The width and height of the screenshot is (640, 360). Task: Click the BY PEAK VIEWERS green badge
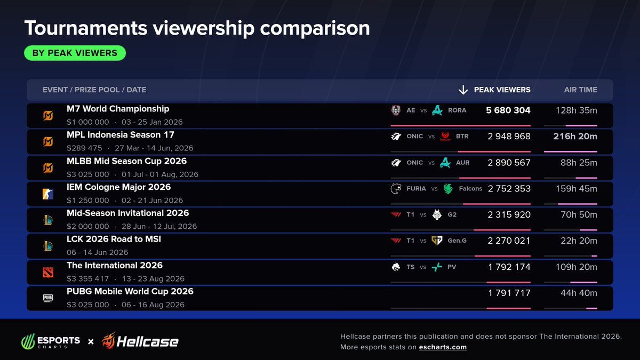[x=75, y=53]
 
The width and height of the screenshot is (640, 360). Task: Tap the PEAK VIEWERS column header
[x=502, y=90]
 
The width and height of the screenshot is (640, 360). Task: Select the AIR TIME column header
[x=581, y=90]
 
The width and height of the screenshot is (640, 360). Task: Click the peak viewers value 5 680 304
[x=508, y=110]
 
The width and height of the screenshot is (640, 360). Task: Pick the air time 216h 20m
[x=575, y=137]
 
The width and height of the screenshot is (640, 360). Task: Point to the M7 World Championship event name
[x=118, y=109]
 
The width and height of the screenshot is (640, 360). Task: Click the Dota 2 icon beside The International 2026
[x=48, y=273]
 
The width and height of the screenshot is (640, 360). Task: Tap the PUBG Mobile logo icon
[x=48, y=298]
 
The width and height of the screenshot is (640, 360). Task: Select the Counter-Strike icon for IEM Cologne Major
[x=48, y=194]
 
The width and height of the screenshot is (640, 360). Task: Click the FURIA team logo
[x=396, y=189]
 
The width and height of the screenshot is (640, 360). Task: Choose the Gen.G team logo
[x=437, y=241]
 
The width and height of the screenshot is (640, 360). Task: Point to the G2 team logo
[x=437, y=214]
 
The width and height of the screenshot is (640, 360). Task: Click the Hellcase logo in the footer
[x=140, y=341]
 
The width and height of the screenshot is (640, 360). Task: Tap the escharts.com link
[x=443, y=347]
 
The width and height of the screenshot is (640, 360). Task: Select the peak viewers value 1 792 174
[x=509, y=267]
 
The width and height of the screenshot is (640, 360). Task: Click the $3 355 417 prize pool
[x=87, y=278]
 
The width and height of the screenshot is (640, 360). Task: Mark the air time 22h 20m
[x=579, y=241]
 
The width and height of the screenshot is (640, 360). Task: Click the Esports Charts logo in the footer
[x=51, y=341]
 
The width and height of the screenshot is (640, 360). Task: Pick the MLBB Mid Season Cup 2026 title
[x=126, y=161]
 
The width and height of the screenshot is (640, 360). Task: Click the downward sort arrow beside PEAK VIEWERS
[x=463, y=90]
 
